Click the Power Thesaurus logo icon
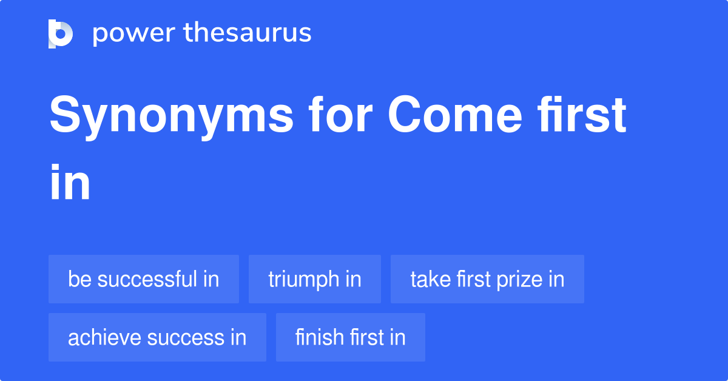point(61,33)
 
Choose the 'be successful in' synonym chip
point(144,279)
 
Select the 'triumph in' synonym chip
point(315,279)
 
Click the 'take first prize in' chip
point(487,279)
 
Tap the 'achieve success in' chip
point(157,337)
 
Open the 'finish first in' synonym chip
point(351,337)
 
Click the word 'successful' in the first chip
point(147,279)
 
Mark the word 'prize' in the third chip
point(521,280)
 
